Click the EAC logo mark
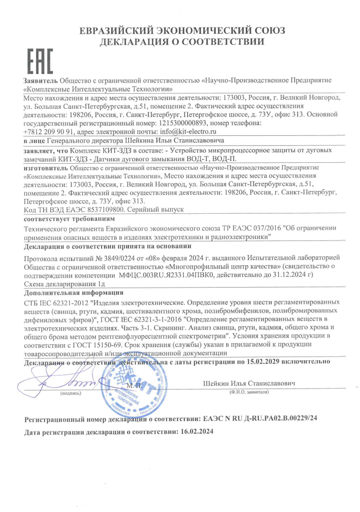tap(40, 62)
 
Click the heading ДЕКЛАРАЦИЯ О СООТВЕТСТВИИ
tap(182, 43)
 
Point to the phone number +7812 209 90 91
tap(49, 131)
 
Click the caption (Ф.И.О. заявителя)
tap(249, 392)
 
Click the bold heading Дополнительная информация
tap(73, 292)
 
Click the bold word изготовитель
tap(44, 168)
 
